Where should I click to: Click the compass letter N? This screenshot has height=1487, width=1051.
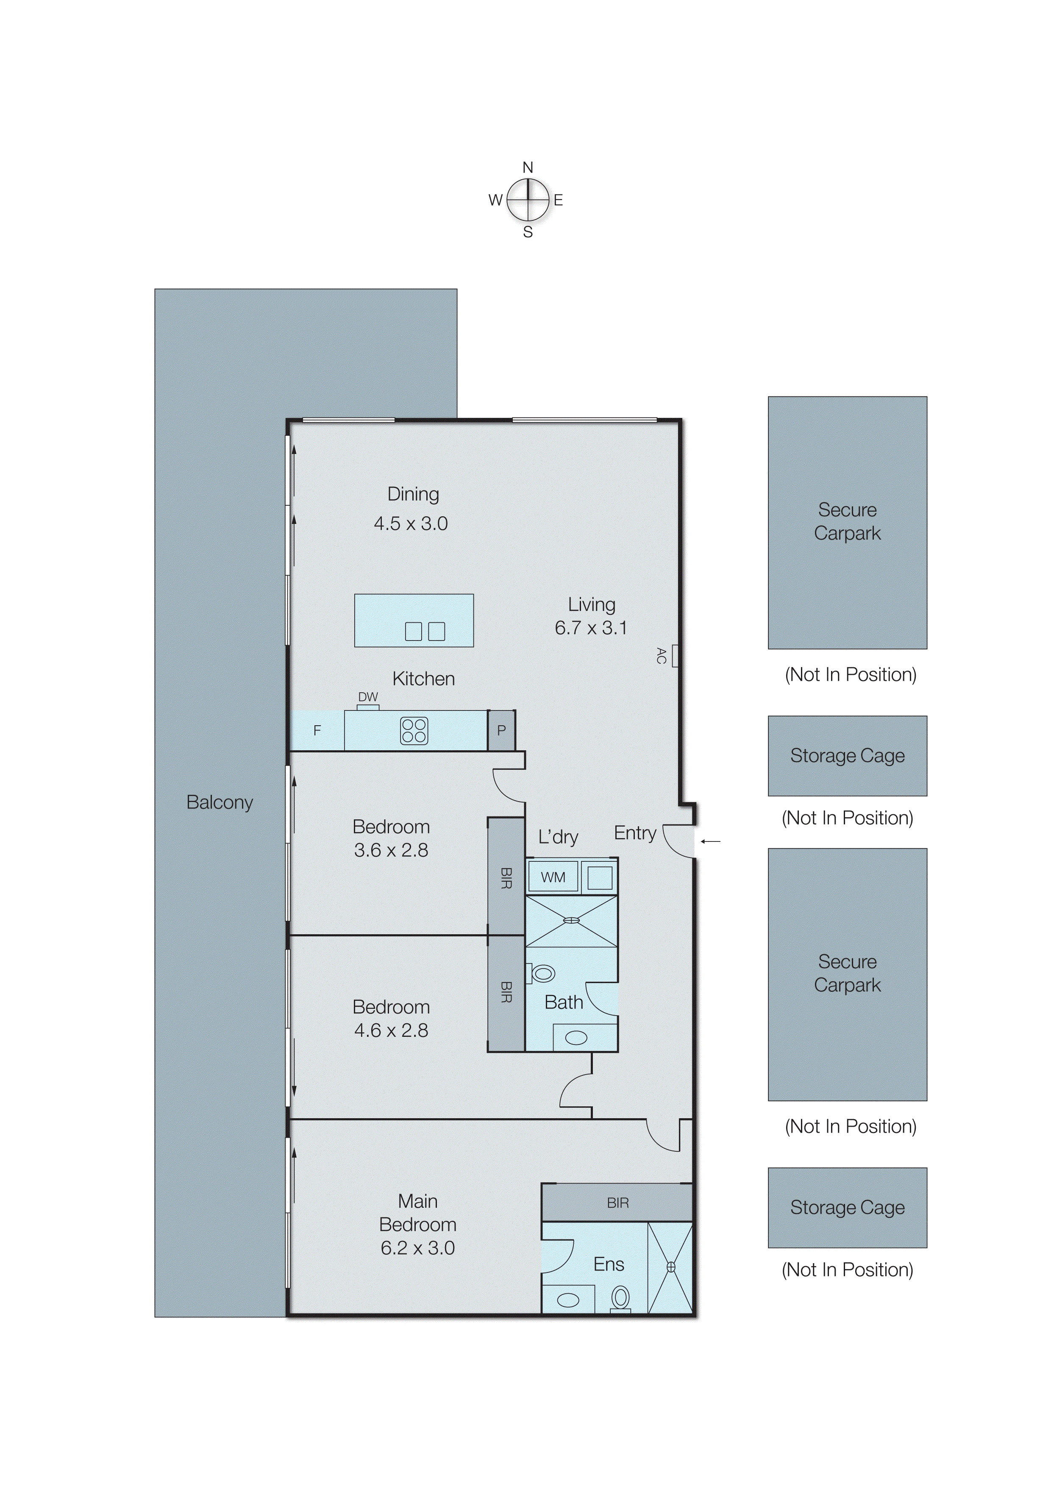(528, 168)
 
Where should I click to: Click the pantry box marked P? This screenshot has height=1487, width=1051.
(501, 730)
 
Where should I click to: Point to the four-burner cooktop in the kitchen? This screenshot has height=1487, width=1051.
(414, 730)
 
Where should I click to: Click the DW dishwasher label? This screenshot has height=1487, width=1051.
(368, 697)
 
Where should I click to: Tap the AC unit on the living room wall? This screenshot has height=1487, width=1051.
(675, 655)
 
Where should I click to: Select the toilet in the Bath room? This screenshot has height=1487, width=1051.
(542, 973)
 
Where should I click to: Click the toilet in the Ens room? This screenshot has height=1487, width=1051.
(620, 1297)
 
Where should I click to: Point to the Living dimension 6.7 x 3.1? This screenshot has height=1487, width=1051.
(591, 628)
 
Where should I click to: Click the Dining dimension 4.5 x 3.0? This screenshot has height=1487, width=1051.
(411, 524)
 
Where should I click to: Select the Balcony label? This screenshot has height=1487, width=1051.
(220, 802)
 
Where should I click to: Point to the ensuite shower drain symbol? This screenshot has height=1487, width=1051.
(671, 1267)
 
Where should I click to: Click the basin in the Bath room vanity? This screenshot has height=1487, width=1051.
(576, 1038)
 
